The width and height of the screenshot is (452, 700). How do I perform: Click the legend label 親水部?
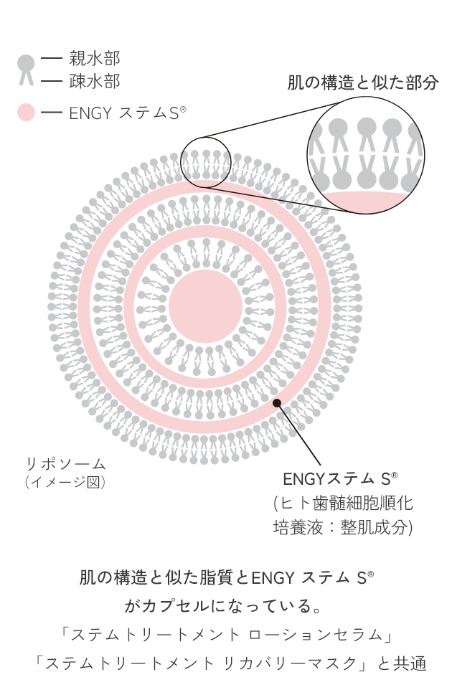tap(95, 59)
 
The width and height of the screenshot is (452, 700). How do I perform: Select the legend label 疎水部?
tap(95, 81)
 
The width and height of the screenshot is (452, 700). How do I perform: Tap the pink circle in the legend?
tap(26, 112)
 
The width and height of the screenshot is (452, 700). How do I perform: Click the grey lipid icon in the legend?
tap(26, 69)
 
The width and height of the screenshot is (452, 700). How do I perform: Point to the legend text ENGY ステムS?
tap(127, 113)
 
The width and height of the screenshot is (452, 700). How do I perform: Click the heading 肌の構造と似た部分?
tap(362, 82)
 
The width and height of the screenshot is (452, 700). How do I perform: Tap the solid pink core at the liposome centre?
tap(205, 306)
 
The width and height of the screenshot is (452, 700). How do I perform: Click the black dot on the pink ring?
tap(277, 403)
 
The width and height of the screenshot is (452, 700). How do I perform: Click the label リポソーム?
tap(66, 464)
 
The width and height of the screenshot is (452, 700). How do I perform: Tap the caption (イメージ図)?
tap(66, 482)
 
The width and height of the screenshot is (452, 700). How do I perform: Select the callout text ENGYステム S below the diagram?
tap(340, 479)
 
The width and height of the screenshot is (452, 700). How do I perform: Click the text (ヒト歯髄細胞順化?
tap(343, 503)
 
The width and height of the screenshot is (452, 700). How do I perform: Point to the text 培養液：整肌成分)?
tap(343, 527)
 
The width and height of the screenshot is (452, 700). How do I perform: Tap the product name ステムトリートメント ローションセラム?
tap(227, 634)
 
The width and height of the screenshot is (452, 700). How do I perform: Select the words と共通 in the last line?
tap(402, 663)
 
